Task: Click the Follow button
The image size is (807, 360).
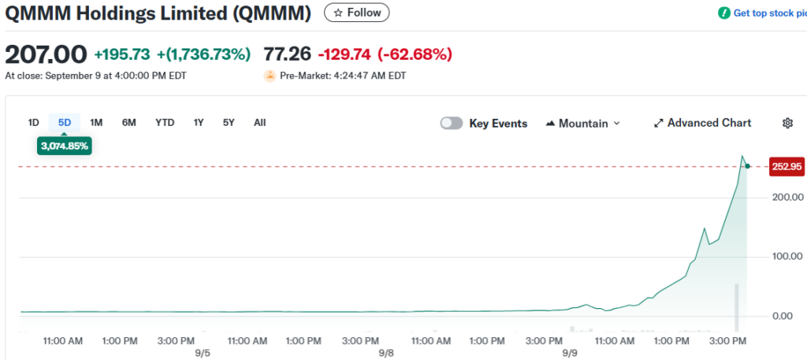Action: click(x=357, y=13)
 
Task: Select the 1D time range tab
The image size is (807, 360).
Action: click(x=34, y=122)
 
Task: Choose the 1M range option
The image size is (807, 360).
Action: click(x=96, y=122)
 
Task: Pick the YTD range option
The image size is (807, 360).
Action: click(x=165, y=122)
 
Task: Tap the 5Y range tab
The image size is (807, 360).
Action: click(x=229, y=122)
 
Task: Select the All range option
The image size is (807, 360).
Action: click(x=259, y=122)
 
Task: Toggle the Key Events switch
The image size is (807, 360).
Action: click(x=452, y=123)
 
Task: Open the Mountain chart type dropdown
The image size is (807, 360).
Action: click(x=582, y=123)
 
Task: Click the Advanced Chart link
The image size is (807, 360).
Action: click(x=702, y=123)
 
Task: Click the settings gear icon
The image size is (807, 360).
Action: click(x=787, y=123)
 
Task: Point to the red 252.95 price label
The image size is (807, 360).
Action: click(x=786, y=166)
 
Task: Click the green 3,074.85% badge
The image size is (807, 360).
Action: click(x=65, y=146)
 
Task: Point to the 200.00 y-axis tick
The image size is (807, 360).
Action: click(x=788, y=196)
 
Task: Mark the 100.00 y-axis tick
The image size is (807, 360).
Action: click(x=788, y=256)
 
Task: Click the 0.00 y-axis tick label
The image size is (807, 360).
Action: click(x=791, y=316)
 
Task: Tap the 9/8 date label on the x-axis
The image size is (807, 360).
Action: click(x=386, y=353)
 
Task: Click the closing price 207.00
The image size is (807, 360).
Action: click(x=46, y=54)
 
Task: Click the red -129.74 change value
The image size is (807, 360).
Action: click(x=344, y=54)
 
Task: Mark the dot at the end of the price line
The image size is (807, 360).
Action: click(x=747, y=165)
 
